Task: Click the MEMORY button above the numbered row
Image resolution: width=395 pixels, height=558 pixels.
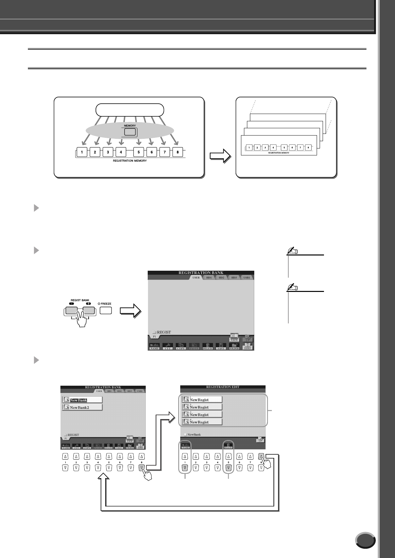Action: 130,132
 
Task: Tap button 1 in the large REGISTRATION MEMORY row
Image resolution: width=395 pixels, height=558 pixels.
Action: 82,152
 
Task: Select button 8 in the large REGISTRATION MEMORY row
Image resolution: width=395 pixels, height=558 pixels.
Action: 178,152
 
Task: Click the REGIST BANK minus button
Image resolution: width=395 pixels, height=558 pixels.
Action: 71,310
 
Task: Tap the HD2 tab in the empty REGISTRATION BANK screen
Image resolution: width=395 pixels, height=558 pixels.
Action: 221,277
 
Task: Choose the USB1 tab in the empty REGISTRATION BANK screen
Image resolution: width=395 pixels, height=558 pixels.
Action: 246,277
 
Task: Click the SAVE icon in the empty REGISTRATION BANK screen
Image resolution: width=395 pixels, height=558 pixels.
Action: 221,347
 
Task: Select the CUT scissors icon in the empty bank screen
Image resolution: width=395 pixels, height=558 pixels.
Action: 168,347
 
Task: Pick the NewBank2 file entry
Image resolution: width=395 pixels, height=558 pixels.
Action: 82,407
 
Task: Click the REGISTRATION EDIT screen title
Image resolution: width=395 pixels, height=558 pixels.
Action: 223,387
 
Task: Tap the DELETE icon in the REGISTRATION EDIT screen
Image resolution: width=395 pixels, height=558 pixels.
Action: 228,446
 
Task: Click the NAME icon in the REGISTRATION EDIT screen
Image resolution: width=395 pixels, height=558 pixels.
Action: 185,446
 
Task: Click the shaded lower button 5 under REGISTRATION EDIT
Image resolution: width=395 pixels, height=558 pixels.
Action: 228,468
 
